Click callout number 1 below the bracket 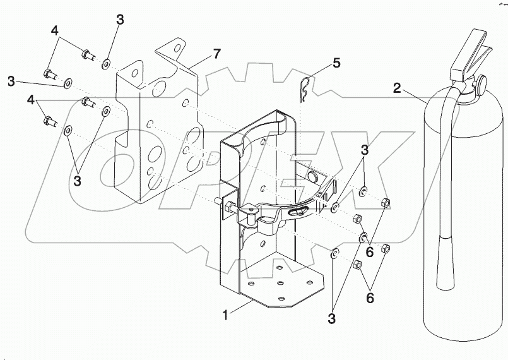[x=225, y=315]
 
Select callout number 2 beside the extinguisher [x=398, y=88]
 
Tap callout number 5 [x=336, y=63]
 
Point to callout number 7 [x=216, y=54]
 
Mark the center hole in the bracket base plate [x=281, y=283]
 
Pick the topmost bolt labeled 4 [x=88, y=54]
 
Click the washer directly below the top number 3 [x=106, y=64]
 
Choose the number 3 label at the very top [x=120, y=20]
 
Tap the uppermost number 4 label [x=54, y=31]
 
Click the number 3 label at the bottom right [x=331, y=319]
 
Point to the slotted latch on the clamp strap [x=295, y=212]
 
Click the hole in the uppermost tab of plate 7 [x=177, y=49]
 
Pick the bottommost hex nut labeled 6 [x=357, y=265]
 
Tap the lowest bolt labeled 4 [x=50, y=121]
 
